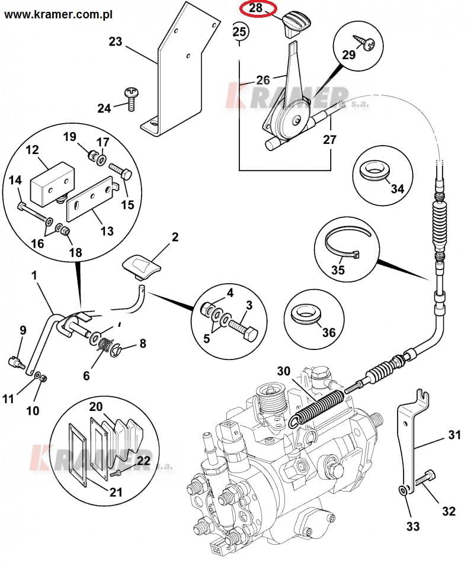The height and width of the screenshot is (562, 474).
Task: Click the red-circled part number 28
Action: (255, 9)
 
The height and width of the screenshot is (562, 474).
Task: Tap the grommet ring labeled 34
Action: (374, 169)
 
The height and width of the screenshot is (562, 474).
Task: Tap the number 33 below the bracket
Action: (412, 525)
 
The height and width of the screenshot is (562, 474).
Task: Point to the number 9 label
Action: (23, 330)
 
